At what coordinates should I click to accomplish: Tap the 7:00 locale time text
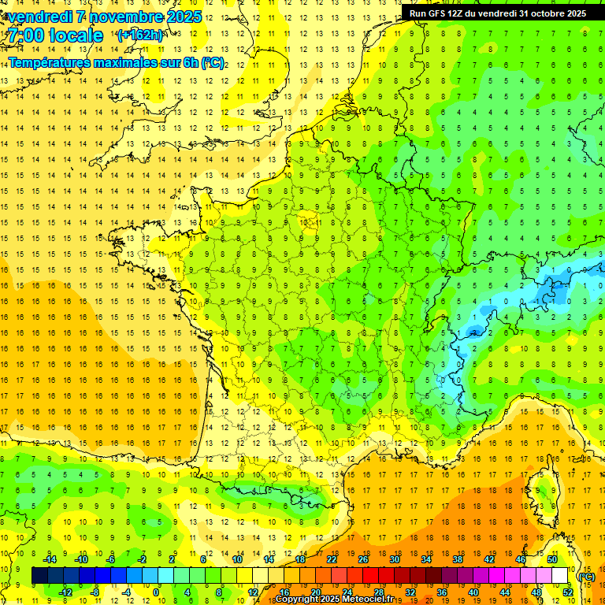click(54, 35)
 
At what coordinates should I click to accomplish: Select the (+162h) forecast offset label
click(139, 35)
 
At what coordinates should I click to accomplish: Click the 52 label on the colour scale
click(568, 592)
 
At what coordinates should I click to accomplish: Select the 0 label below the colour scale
click(156, 592)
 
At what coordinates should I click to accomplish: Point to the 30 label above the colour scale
click(394, 559)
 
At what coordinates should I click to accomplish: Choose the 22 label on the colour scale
click(332, 559)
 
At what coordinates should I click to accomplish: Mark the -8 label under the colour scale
click(95, 592)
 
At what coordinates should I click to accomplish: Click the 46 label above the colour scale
click(520, 559)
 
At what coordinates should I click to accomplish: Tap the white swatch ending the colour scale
click(560, 576)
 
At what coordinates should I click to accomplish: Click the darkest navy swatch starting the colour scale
click(39, 576)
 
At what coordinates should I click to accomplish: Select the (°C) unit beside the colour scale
click(586, 576)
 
